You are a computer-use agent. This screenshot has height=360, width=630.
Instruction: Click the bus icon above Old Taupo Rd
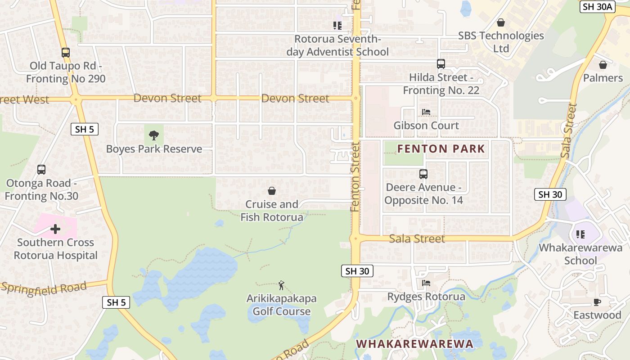point(65,53)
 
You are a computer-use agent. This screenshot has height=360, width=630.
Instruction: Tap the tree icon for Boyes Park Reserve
point(154,135)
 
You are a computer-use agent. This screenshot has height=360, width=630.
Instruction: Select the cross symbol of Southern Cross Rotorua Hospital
point(55,229)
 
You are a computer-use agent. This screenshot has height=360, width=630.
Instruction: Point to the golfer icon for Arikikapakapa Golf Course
point(281,285)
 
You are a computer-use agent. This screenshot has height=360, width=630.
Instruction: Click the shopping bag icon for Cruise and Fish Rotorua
point(272,191)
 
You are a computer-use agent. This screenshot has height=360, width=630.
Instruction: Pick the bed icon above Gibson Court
point(426,112)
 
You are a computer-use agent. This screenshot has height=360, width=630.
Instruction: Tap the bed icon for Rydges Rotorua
point(426,283)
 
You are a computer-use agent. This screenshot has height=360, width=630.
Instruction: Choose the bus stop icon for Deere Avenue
point(423,174)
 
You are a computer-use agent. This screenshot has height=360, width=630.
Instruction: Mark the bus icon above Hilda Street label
point(441,64)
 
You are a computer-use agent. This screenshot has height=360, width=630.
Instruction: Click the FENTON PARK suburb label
point(441,148)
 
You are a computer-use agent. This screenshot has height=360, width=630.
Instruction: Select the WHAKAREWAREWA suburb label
point(414,344)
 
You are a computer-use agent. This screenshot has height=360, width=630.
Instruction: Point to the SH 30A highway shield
point(597,6)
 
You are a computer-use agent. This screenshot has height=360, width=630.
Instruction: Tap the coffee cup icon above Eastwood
point(597,302)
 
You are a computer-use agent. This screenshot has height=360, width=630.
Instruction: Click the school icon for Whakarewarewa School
point(580,234)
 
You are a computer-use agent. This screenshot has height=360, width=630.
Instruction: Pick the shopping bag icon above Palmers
point(603,65)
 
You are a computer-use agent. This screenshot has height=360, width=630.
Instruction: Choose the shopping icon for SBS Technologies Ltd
point(500,22)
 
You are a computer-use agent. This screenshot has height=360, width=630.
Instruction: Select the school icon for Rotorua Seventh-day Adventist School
point(337,26)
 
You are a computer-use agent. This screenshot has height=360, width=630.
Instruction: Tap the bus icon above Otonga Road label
point(41,170)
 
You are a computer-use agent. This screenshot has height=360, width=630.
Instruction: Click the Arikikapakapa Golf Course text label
point(281,305)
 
